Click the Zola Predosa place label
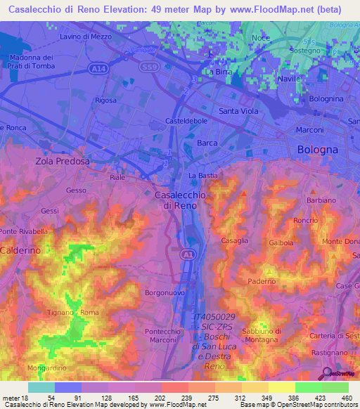[63, 161]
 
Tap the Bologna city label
[318, 150]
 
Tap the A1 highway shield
[187, 254]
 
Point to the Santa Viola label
[238, 111]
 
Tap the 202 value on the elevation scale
[160, 398]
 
